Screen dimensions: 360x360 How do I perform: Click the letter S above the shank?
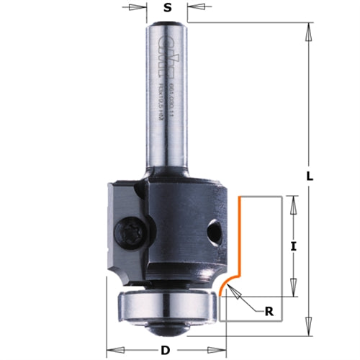[167, 9]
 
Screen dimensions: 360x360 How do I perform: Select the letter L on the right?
[307, 175]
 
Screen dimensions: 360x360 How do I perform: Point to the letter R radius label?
[269, 312]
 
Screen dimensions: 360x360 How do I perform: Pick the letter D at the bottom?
[165, 351]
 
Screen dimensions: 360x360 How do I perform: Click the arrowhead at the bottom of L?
[307, 319]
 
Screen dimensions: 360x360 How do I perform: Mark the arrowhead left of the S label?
[140, 9]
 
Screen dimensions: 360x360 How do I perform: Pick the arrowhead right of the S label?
[194, 9]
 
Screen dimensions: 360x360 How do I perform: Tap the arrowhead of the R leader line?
[237, 292]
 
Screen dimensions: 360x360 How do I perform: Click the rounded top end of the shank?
[167, 24]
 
